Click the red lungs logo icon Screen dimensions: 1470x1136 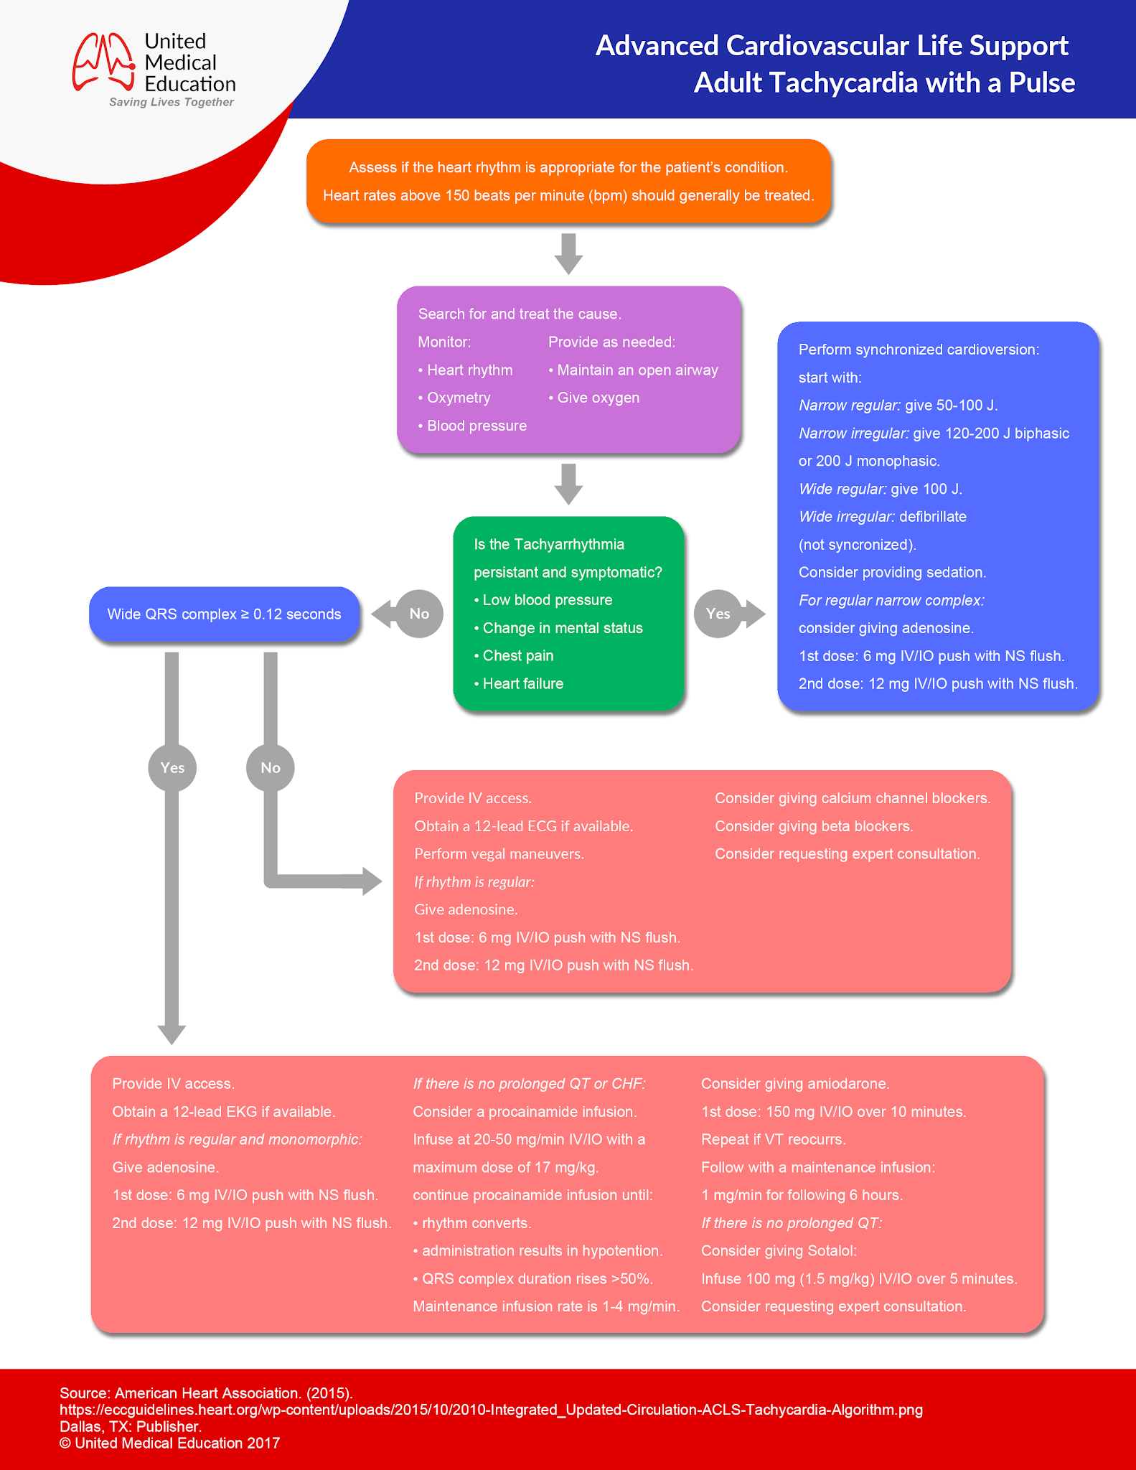(103, 62)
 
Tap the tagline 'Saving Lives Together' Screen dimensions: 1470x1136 (172, 102)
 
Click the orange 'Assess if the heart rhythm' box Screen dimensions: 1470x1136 (568, 181)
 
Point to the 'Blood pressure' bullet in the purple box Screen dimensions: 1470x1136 (473, 426)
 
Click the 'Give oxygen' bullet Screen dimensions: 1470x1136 (594, 398)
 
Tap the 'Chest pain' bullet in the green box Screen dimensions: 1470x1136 (515, 655)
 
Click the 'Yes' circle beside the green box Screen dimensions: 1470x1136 (718, 614)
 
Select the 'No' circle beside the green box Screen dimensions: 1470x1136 (419, 614)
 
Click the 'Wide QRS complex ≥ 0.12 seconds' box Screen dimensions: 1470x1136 (224, 614)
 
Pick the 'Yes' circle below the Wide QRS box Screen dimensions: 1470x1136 (172, 768)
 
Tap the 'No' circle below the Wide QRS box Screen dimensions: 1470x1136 (271, 768)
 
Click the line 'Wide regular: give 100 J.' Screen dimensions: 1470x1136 (880, 489)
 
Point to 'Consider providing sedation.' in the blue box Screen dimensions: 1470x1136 (892, 572)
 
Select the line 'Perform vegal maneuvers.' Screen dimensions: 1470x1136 (499, 854)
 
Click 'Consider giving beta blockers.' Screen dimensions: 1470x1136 (814, 826)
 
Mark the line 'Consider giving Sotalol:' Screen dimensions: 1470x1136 (779, 1251)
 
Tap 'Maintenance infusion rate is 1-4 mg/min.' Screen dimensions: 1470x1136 (546, 1306)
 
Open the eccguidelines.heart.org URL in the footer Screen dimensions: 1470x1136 (491, 1410)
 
